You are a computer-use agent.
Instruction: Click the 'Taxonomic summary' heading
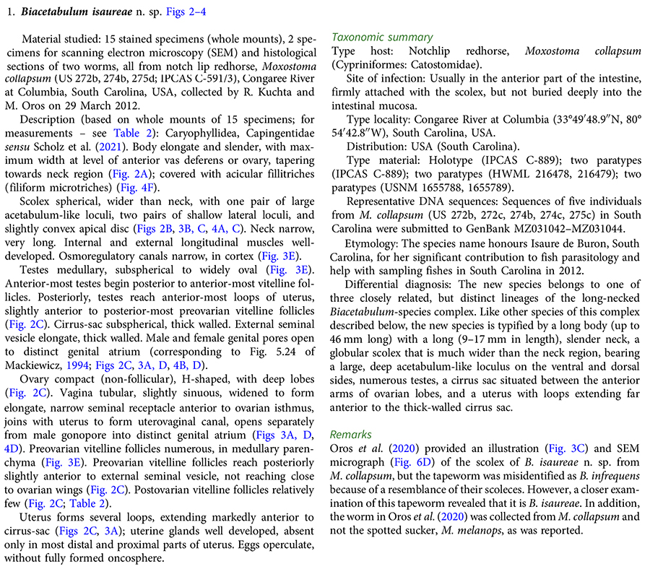click(381, 37)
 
